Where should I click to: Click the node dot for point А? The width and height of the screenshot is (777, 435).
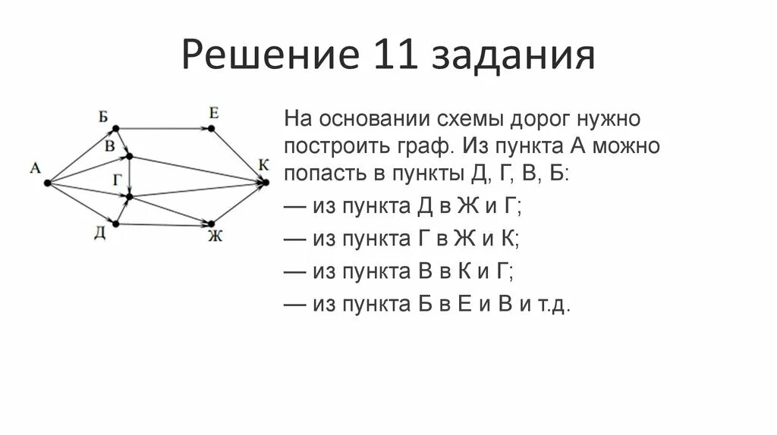point(47,183)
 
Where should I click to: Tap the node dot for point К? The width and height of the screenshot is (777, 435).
point(266,181)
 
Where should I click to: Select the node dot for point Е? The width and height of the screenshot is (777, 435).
point(212,128)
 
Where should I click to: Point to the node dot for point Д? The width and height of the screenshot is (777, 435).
point(117,223)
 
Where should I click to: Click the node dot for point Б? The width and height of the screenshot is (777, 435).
point(117,128)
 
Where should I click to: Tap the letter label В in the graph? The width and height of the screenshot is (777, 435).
point(110,146)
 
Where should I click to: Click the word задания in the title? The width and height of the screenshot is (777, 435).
point(515,58)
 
